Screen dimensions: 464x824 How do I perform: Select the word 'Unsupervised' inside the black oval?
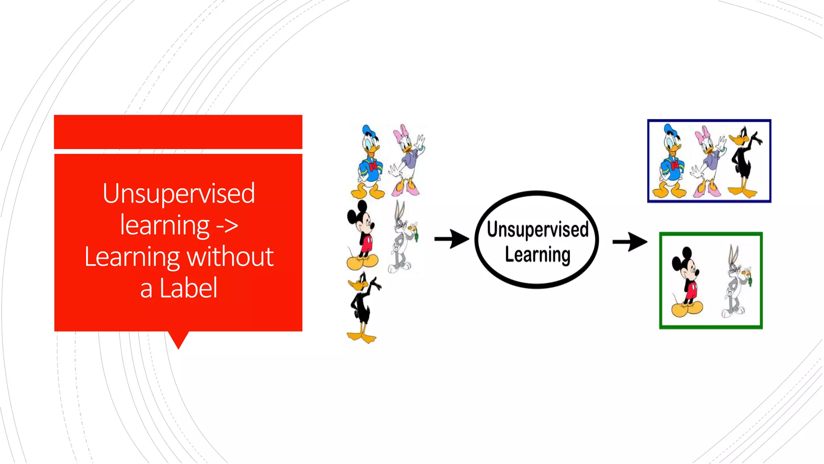pyautogui.click(x=538, y=229)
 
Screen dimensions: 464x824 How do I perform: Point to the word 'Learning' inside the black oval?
pyautogui.click(x=538, y=255)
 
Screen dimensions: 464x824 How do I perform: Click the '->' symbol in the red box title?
pyautogui.click(x=227, y=226)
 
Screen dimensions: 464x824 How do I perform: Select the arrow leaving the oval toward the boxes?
pyautogui.click(x=630, y=242)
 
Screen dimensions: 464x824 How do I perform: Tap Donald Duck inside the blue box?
pyautogui.click(x=670, y=161)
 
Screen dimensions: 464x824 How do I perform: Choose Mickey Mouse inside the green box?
pyautogui.click(x=687, y=282)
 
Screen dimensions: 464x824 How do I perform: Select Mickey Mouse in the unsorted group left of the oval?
pyautogui.click(x=362, y=236)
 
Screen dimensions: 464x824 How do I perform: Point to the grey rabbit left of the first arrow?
pyautogui.click(x=402, y=238)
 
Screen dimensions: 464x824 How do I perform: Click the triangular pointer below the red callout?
pyautogui.click(x=178, y=339)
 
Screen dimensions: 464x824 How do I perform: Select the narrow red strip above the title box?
pyautogui.click(x=178, y=132)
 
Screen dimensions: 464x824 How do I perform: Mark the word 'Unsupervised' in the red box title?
pyautogui.click(x=179, y=193)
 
